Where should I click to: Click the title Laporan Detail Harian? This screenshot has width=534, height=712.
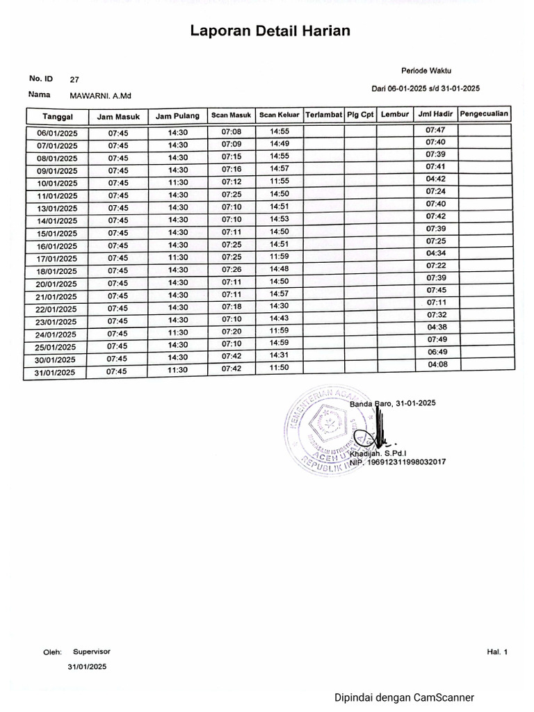click(270, 31)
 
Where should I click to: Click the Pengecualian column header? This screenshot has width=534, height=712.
click(485, 113)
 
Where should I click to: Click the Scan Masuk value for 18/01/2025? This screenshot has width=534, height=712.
click(232, 270)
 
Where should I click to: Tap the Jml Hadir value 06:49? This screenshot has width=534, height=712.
click(436, 352)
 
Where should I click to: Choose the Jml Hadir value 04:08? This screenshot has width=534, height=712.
click(437, 364)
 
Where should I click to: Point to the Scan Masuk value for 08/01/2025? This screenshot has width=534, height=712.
click(232, 157)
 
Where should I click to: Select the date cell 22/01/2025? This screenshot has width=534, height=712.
click(57, 309)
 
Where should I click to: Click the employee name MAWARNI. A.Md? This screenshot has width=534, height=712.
click(96, 95)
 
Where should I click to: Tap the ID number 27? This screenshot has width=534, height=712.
click(74, 80)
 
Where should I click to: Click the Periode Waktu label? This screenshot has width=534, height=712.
click(426, 71)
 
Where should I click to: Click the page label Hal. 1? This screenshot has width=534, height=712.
click(498, 652)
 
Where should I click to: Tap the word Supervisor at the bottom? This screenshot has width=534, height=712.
click(92, 652)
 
